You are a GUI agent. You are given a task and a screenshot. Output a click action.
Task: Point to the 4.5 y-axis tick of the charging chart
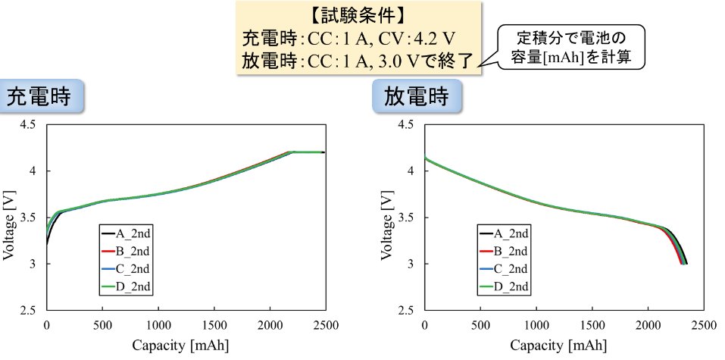point(30,124)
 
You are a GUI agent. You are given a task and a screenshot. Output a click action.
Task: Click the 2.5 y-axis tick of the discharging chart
point(408,311)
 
